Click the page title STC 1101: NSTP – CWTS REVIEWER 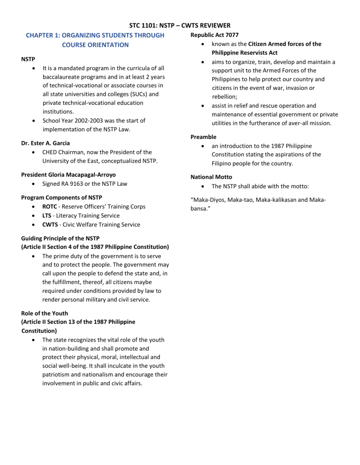(180, 25)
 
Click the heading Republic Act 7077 (217, 35)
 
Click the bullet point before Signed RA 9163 (35, 184)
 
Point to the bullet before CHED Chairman (35, 152)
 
